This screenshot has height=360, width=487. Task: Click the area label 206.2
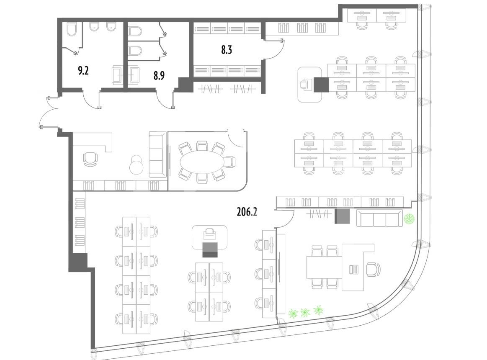(247, 212)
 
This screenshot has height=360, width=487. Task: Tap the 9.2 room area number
(83, 71)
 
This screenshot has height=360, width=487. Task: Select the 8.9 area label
(159, 75)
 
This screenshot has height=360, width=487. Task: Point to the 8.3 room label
(227, 50)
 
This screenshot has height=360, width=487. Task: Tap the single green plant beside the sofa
(409, 219)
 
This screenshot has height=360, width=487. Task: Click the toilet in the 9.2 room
(72, 29)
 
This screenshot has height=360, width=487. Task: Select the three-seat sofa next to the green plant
(379, 218)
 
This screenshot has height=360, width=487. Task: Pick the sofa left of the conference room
(158, 154)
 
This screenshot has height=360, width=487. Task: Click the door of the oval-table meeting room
(237, 139)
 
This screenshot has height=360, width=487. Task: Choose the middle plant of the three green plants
(305, 312)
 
